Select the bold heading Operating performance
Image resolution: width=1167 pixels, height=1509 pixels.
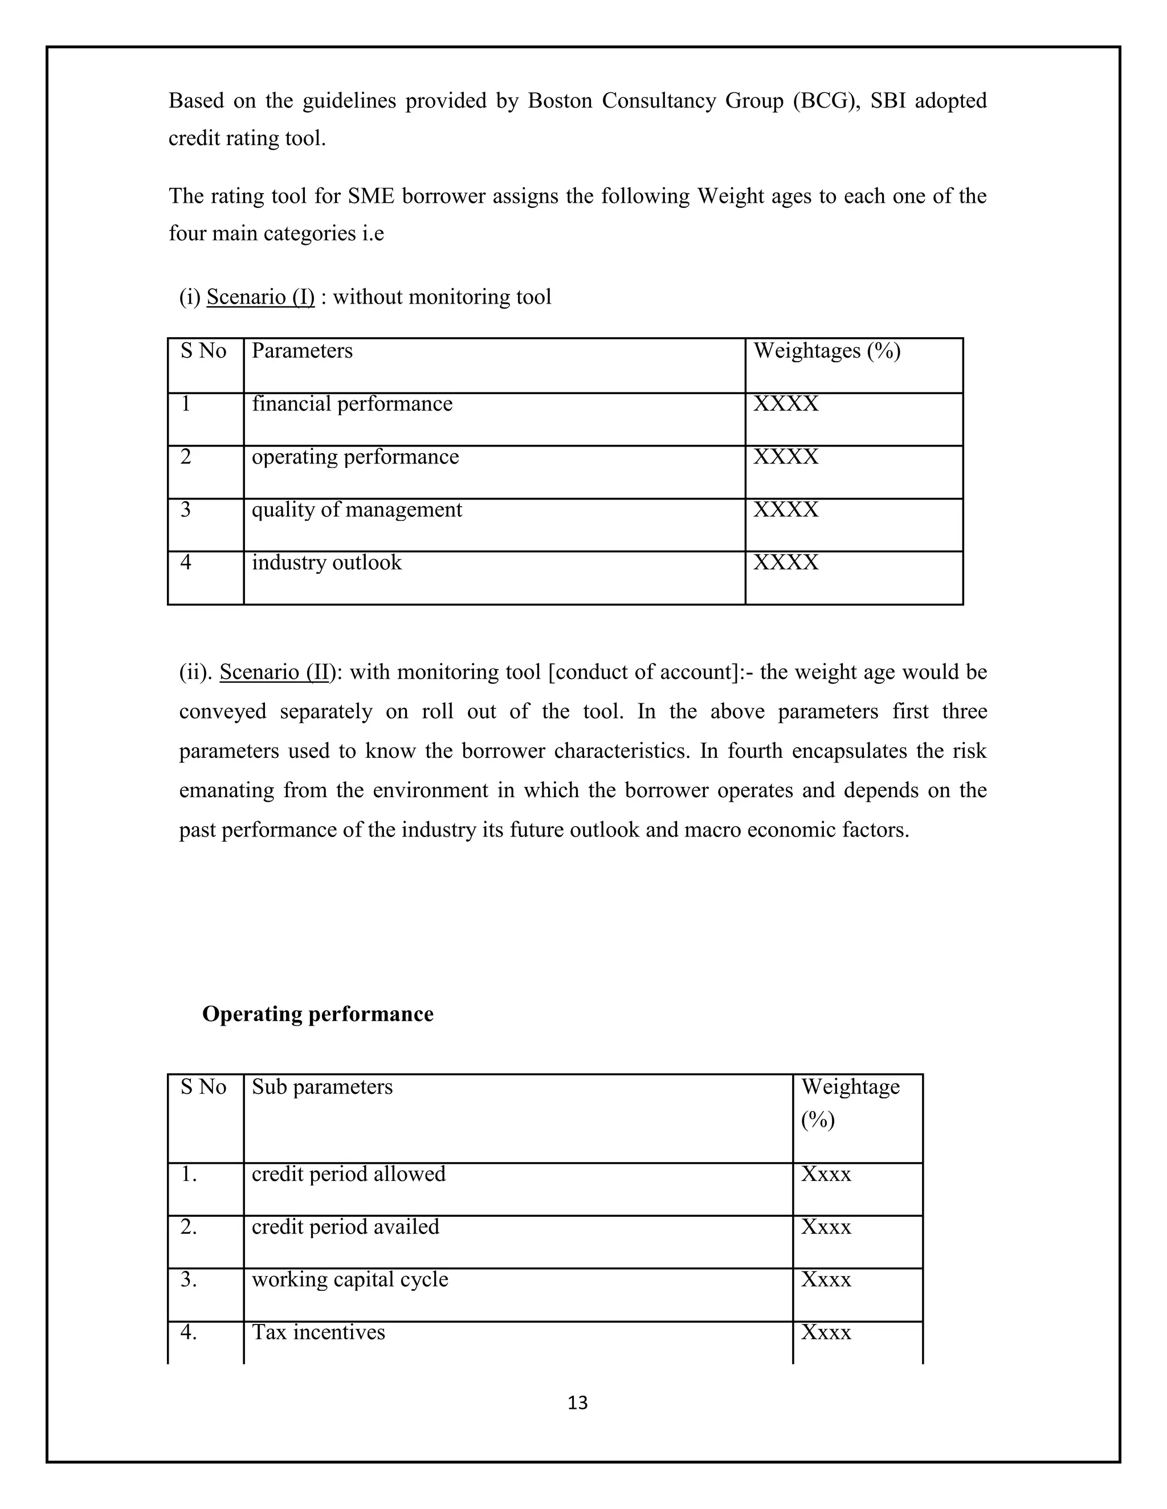pos(317,1014)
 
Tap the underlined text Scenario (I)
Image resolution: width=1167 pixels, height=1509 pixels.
pos(260,297)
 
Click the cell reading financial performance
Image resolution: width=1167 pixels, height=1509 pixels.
pos(352,404)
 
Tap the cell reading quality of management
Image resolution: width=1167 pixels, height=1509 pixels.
pos(357,510)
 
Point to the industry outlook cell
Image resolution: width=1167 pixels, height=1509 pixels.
pos(327,563)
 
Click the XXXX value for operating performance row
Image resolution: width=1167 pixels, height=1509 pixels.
pos(785,457)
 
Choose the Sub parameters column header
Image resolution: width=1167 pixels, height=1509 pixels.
pos(322,1088)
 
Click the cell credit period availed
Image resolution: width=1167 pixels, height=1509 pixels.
pos(346,1227)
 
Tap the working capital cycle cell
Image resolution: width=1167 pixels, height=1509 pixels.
pos(350,1280)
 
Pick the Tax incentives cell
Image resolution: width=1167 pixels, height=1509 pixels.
pos(318,1332)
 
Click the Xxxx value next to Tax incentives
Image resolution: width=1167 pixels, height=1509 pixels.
pos(826,1332)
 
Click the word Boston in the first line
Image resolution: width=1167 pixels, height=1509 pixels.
pos(561,101)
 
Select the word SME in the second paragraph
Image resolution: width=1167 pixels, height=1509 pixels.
pos(372,196)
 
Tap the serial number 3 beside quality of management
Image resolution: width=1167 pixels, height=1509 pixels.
pos(186,510)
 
